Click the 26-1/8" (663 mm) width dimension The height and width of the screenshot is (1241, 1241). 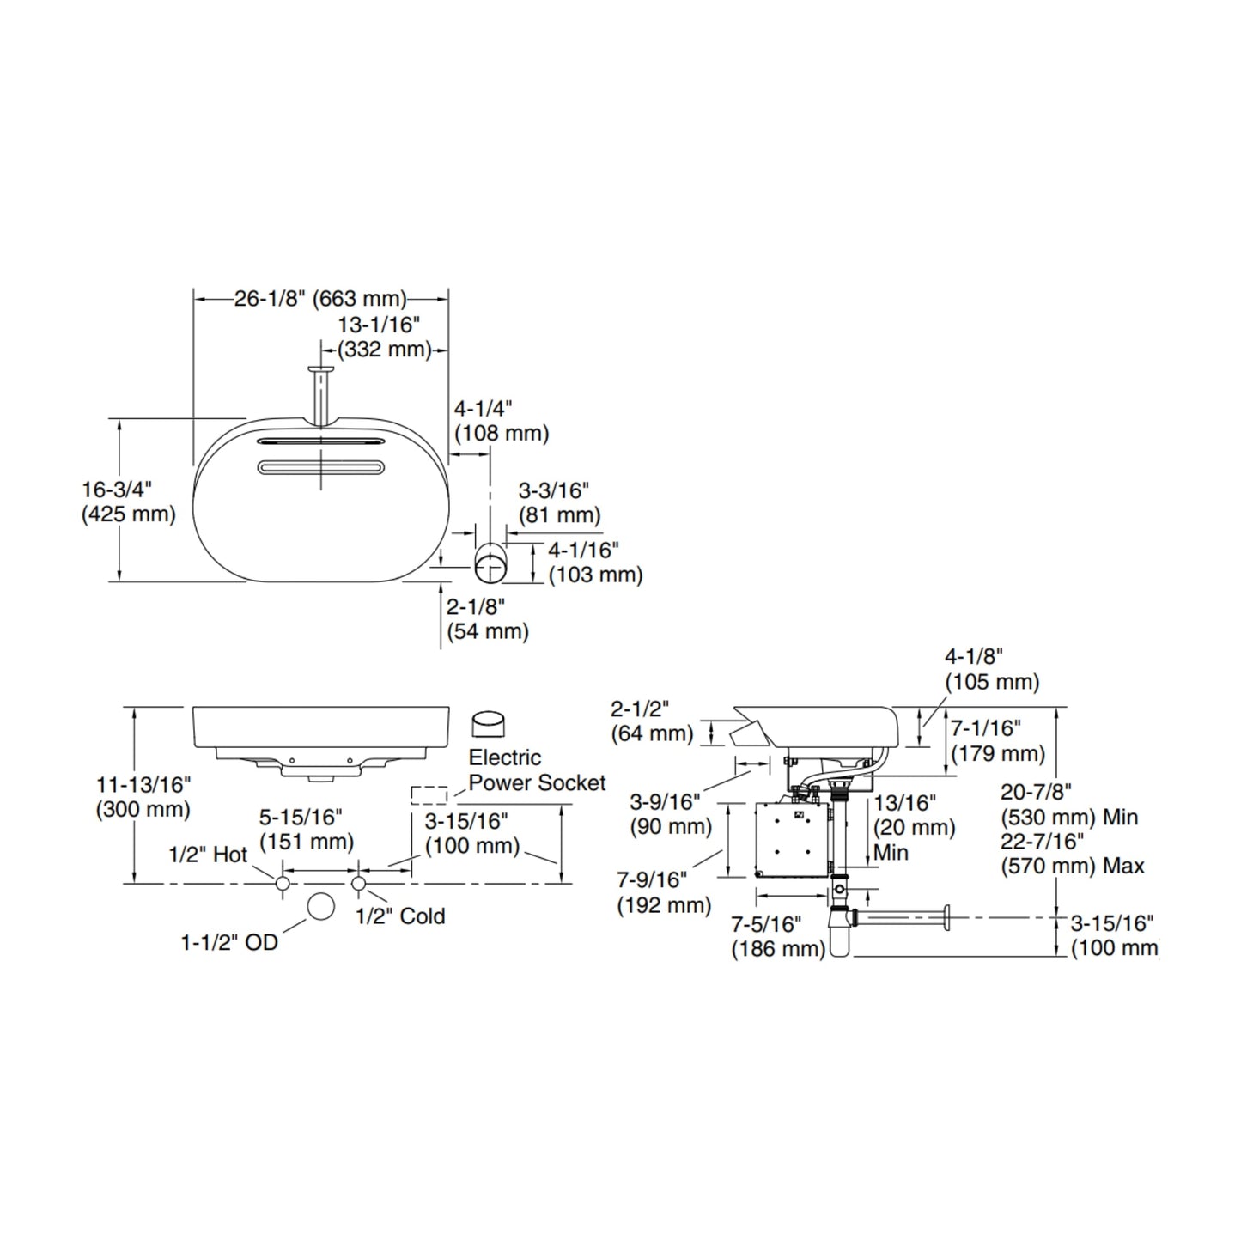(320, 299)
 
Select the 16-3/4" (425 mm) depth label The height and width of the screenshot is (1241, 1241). (129, 502)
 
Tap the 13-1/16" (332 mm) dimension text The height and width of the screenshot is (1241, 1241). (384, 337)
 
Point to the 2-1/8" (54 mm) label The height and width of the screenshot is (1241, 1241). (488, 618)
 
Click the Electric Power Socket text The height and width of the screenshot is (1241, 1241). (537, 770)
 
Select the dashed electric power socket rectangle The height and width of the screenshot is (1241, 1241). (429, 794)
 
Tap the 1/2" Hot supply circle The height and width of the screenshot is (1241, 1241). (283, 884)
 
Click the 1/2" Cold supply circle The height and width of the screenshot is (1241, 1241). (359, 884)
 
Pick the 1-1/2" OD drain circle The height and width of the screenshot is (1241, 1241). (320, 907)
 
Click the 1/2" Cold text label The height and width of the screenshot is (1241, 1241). (400, 916)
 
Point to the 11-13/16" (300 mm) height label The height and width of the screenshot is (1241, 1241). (143, 797)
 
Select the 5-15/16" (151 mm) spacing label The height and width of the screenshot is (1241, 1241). (307, 830)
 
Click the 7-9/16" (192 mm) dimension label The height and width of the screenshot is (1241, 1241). (664, 892)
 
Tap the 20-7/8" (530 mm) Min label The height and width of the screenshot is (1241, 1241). (1069, 805)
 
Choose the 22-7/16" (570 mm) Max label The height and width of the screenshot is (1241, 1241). (1073, 853)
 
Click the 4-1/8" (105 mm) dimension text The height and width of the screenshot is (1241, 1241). (992, 669)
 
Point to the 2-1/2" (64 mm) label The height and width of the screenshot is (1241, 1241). (652, 721)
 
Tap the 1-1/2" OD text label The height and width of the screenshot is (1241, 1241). (229, 942)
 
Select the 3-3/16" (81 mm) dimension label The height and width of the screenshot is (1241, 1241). (559, 503)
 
